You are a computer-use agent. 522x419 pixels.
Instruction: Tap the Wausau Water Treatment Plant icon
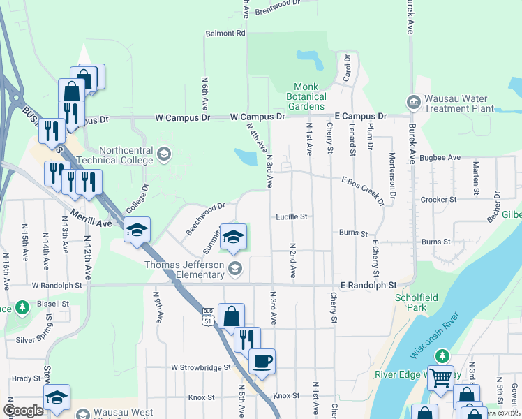tap(414, 102)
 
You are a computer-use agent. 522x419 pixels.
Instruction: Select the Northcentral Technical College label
tap(126, 155)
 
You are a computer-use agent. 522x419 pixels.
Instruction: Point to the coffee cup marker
tap(262, 362)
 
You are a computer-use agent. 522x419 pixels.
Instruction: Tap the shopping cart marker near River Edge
tap(440, 378)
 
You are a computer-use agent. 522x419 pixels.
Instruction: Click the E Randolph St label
tap(368, 285)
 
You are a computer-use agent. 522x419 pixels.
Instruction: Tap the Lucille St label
tap(291, 217)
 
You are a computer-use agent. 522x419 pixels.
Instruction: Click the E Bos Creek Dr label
tap(363, 191)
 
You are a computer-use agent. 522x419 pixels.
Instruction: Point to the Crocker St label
tap(438, 200)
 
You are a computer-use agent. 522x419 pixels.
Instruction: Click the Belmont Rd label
tap(225, 33)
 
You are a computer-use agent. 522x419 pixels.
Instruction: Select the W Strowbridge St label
tap(200, 367)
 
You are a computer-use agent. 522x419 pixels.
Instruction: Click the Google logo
tap(24, 410)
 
